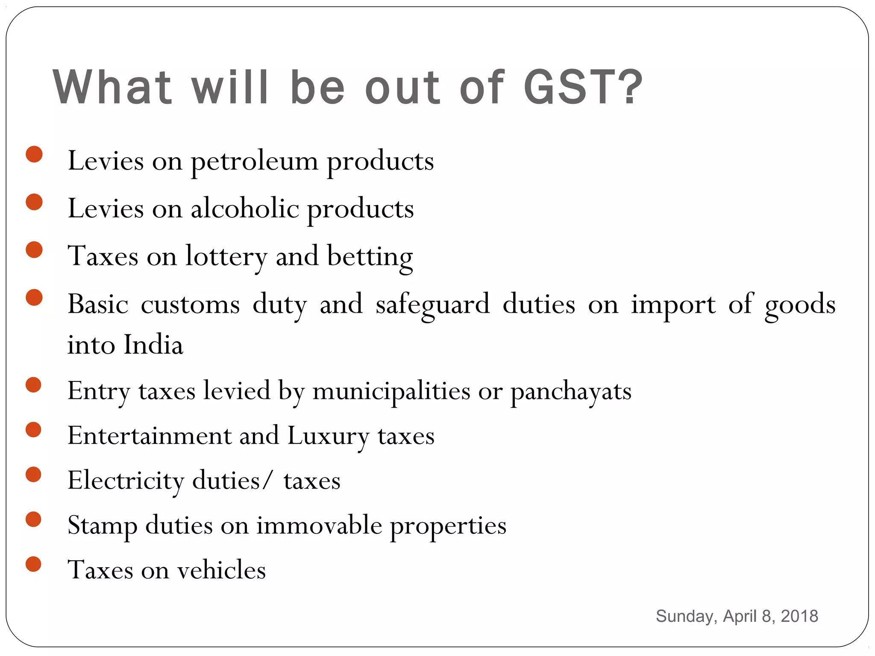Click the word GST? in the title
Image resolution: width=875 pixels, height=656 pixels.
click(583, 87)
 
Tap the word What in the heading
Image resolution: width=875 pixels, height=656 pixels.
click(112, 87)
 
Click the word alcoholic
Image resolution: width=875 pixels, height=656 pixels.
click(245, 209)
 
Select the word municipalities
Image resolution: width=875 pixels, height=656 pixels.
click(391, 391)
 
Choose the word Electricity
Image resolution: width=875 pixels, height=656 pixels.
click(126, 481)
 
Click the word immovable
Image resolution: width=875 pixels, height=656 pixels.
click(319, 525)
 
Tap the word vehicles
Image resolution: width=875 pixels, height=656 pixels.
click(222, 570)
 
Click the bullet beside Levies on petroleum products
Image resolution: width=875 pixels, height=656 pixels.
click(34, 154)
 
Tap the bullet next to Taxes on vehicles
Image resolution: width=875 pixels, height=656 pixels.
click(33, 564)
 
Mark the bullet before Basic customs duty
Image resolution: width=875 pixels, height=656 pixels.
click(34, 298)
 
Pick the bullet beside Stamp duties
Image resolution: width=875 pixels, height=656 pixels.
click(33, 519)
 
